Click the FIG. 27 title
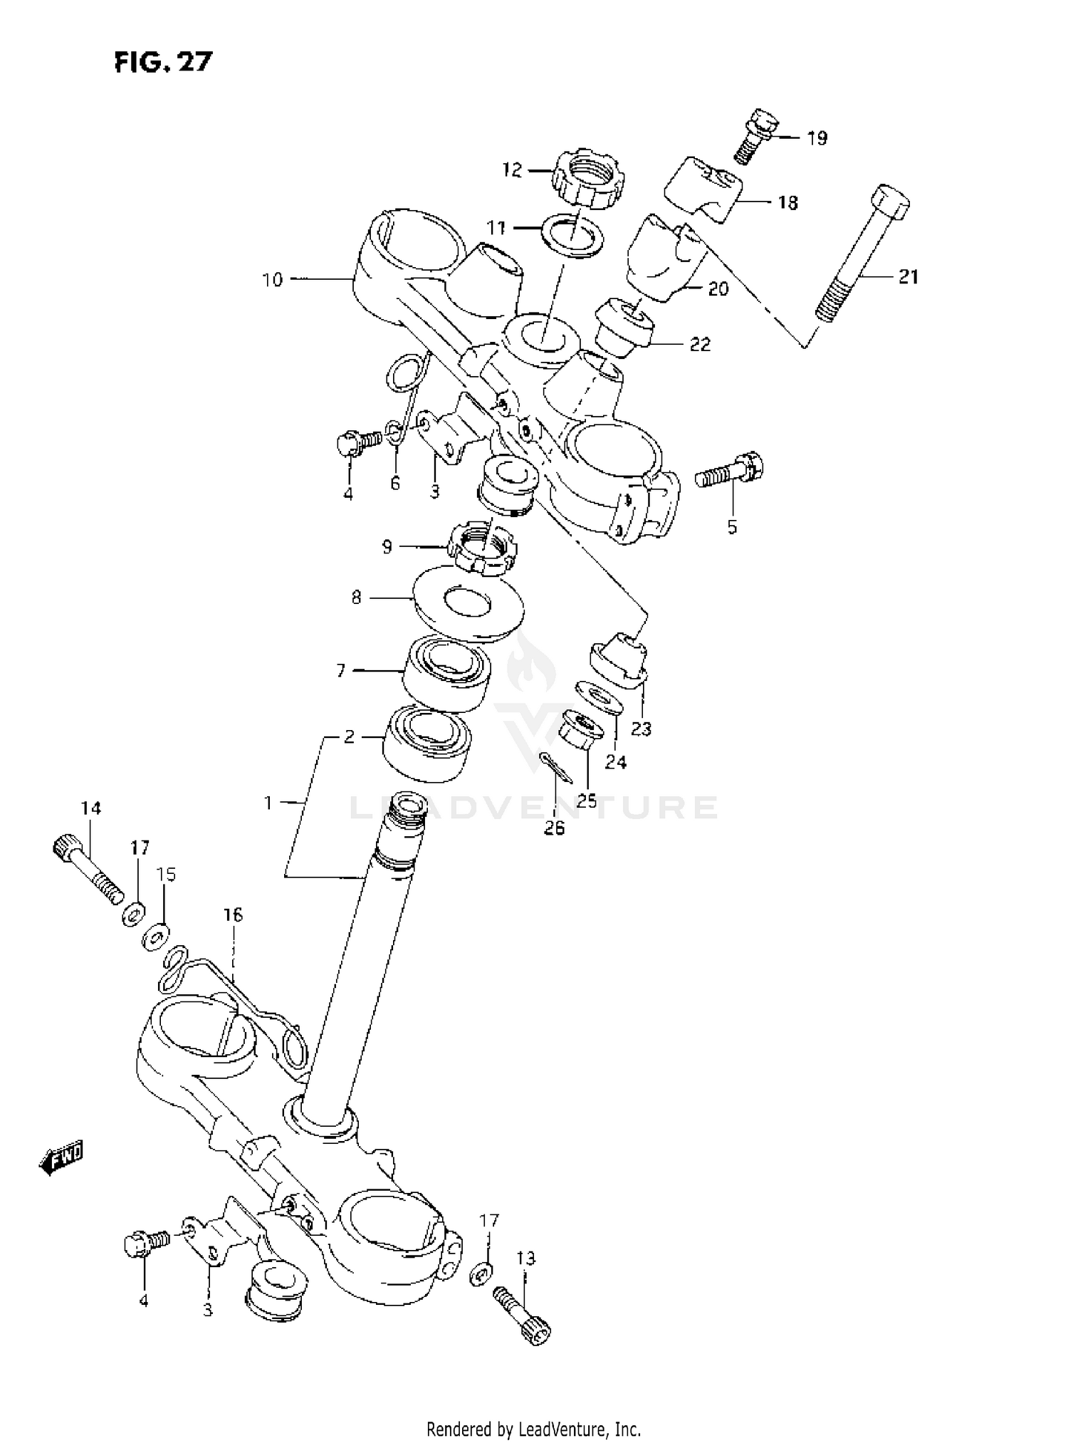pyautogui.click(x=163, y=63)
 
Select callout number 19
pyautogui.click(x=817, y=138)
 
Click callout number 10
pyautogui.click(x=273, y=280)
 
